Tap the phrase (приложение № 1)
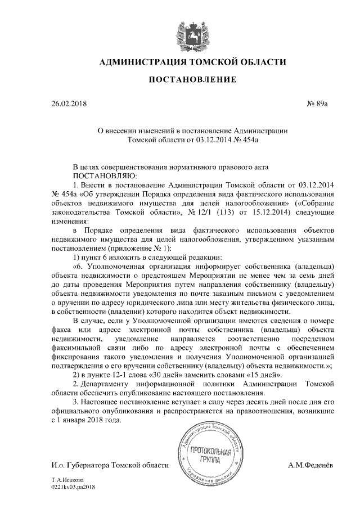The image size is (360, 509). click(x=144, y=247)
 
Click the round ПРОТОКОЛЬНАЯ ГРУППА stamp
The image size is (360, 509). click(x=209, y=456)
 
